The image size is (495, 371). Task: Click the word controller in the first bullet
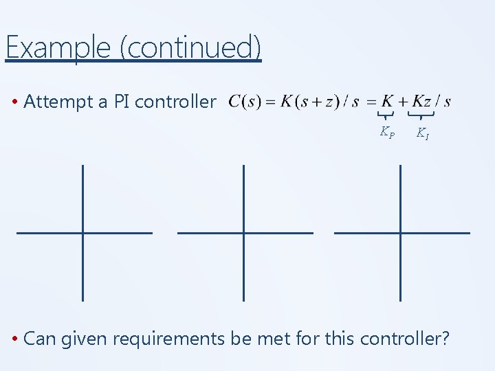point(176,102)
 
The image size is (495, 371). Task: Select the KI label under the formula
point(423,133)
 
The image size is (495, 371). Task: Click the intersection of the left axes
point(82,233)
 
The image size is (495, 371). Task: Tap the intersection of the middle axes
point(243,233)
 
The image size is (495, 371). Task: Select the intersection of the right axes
point(400,233)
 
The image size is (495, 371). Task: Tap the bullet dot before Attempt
point(14,103)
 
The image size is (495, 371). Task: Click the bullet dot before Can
point(14,339)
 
